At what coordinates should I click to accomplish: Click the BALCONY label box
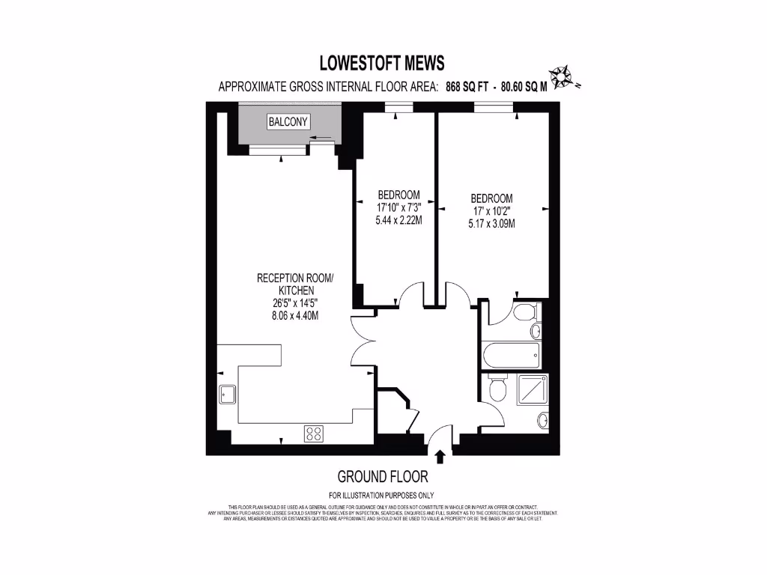[288, 122]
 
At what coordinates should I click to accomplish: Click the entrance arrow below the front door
[440, 456]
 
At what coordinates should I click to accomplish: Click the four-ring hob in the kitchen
[314, 433]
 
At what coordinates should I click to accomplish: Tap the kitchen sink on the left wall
[226, 395]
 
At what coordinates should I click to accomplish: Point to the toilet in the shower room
[495, 390]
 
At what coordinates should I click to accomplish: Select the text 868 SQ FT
[467, 86]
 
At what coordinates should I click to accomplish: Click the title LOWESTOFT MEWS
[382, 63]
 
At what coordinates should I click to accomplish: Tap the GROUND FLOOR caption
[383, 476]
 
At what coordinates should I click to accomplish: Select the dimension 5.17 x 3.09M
[491, 223]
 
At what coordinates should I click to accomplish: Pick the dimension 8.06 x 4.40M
[295, 315]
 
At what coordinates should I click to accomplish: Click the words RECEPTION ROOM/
[295, 278]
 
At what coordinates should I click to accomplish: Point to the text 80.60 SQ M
[524, 86]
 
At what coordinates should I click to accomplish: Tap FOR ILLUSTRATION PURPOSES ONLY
[382, 495]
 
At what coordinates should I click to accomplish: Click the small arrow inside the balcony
[322, 138]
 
